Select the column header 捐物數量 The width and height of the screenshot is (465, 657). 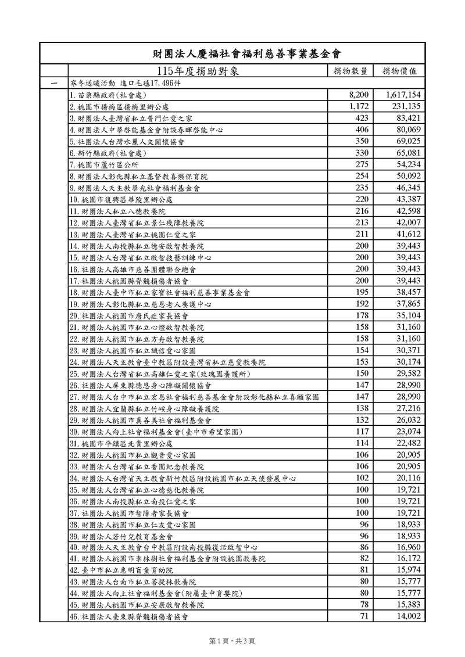350,71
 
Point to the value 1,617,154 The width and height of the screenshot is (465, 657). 403,94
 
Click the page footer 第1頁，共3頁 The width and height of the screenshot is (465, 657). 232,640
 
